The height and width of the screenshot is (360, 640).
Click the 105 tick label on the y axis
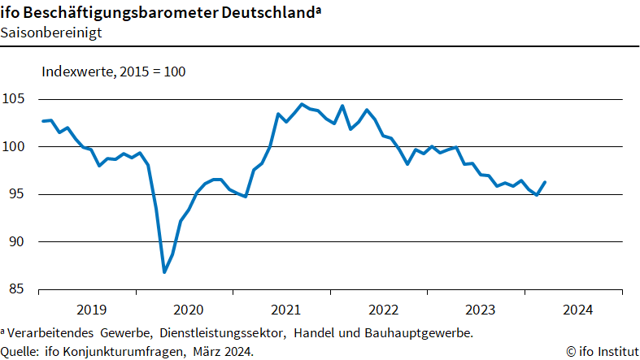click(x=15, y=99)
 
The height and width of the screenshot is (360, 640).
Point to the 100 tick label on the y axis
click(x=15, y=147)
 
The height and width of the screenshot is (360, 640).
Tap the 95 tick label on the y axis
click(x=18, y=194)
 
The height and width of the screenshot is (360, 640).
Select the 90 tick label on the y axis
click(x=18, y=242)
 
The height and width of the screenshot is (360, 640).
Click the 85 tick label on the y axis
click(x=18, y=289)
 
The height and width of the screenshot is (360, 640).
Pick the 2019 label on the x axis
click(x=91, y=310)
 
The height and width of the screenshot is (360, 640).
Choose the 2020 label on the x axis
click(x=189, y=310)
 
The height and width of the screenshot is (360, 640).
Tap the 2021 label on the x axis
click(x=285, y=310)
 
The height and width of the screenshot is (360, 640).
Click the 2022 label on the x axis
click(x=383, y=310)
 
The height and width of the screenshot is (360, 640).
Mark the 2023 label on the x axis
click(x=480, y=310)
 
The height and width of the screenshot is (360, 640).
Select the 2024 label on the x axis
click(x=577, y=310)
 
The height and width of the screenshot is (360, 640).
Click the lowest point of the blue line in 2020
click(x=164, y=272)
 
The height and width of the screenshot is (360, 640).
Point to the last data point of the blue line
click(x=545, y=182)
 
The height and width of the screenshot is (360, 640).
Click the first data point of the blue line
click(x=42, y=121)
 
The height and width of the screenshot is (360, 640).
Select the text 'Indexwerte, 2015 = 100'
click(x=114, y=72)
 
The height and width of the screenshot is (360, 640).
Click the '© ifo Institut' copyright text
click(x=602, y=351)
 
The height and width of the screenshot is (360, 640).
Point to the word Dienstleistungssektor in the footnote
click(x=223, y=333)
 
